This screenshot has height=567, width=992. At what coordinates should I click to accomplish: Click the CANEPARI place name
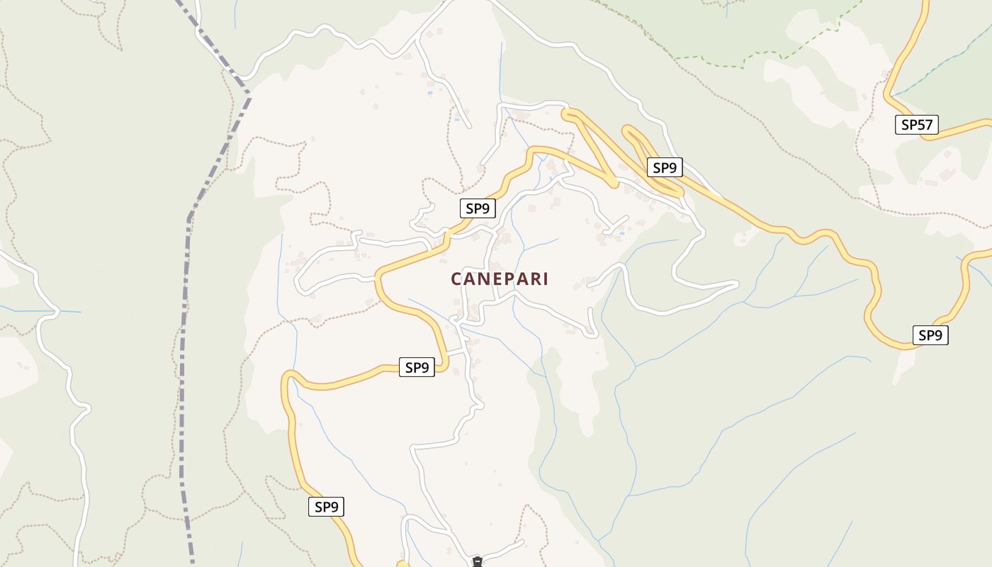tap(500, 279)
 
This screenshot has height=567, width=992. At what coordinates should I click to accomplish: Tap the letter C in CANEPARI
tap(456, 279)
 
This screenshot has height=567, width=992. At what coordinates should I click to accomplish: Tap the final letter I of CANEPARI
tap(544, 279)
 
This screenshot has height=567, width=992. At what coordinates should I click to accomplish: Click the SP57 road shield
tap(916, 125)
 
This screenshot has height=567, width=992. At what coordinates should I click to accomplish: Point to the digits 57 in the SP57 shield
tap(924, 125)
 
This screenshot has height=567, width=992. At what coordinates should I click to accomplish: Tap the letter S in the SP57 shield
tap(905, 125)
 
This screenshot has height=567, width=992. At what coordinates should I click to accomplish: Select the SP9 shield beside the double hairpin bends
tap(665, 168)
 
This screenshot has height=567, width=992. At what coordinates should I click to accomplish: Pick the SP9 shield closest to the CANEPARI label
tap(478, 208)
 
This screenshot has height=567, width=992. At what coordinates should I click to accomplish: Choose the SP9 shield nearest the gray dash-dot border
tap(326, 507)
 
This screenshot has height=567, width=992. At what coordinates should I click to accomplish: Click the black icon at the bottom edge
tap(478, 562)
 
